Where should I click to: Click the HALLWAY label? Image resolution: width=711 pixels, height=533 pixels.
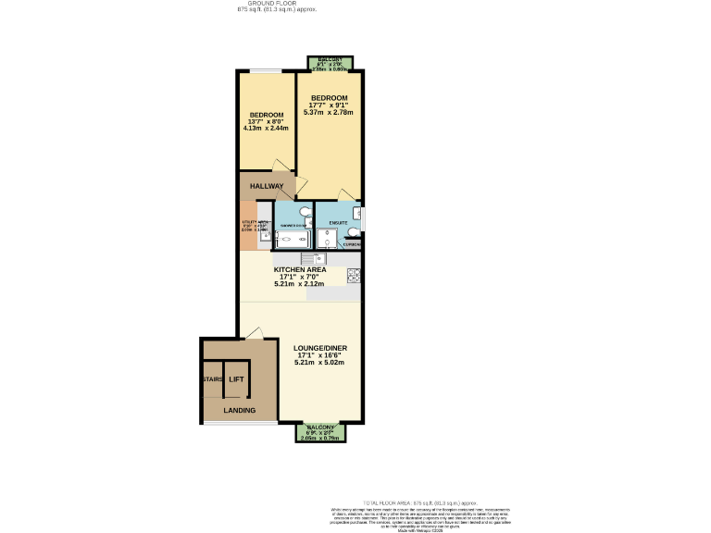click(x=266, y=186)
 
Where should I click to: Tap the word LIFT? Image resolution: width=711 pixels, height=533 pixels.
click(x=236, y=379)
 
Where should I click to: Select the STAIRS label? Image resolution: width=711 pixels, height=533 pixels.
click(x=212, y=379)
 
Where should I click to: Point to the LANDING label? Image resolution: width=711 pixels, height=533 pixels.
click(x=239, y=410)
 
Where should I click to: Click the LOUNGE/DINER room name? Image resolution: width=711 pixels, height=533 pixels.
click(x=319, y=349)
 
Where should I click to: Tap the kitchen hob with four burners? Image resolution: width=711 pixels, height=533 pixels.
click(x=353, y=275)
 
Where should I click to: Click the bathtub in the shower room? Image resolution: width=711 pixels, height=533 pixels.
click(x=293, y=240)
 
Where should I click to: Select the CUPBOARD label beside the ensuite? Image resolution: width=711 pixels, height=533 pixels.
click(x=353, y=245)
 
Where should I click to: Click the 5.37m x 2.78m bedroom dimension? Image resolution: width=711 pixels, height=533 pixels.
click(x=329, y=112)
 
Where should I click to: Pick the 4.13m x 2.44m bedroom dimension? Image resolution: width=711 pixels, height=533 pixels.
click(x=266, y=129)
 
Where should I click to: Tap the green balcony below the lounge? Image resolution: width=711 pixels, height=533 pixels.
click(x=320, y=431)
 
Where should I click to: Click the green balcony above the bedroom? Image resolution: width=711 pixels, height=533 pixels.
click(x=328, y=63)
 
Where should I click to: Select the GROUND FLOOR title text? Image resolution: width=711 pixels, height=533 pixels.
click(x=277, y=4)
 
